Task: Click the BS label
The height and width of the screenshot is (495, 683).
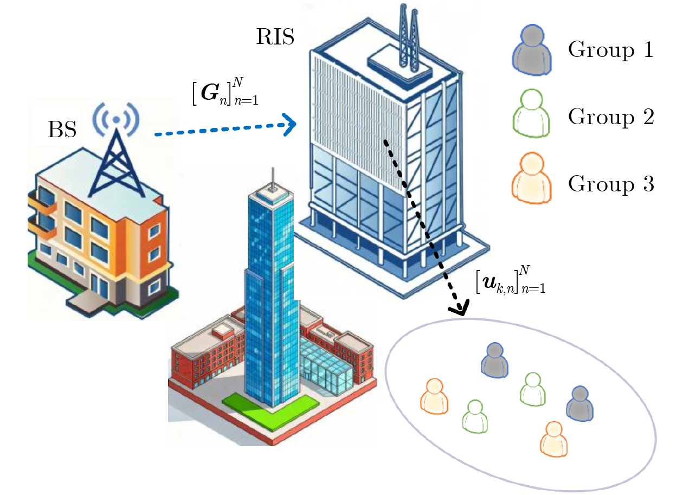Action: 62,130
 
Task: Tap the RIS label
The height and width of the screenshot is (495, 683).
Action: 275,37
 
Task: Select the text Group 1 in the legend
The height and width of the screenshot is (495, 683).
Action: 611,50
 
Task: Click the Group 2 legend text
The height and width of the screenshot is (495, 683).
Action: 611,117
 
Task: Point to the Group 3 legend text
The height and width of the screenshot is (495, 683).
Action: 611,184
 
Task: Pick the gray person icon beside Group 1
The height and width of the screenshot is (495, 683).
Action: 532,50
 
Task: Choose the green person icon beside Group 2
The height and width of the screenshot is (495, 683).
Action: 531,113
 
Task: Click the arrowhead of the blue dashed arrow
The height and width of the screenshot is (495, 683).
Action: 289,125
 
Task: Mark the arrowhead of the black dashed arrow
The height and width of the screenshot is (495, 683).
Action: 459,307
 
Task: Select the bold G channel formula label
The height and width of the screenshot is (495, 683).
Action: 225,92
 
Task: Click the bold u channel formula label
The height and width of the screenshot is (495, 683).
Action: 511,280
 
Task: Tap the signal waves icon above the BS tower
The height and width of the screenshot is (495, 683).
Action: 116,119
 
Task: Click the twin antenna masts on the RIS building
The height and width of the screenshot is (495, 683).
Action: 409,37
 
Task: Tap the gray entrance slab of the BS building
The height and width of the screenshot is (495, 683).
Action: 88,300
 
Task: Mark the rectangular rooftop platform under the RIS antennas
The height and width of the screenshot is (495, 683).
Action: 400,64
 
